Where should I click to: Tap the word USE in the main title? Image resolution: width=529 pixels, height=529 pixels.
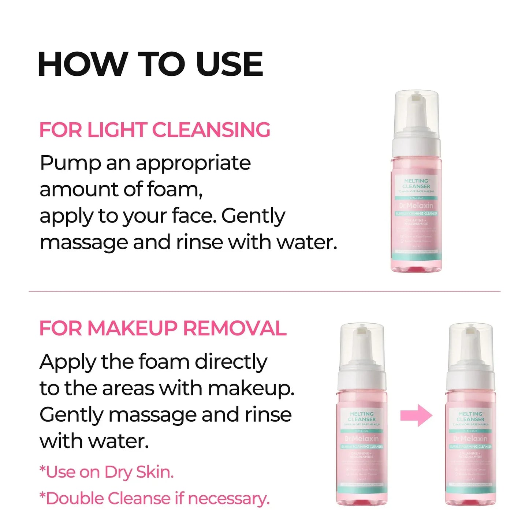point(230,64)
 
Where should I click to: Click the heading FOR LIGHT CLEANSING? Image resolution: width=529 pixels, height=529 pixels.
point(154,130)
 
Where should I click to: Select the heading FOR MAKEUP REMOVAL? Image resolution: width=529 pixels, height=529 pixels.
point(163,328)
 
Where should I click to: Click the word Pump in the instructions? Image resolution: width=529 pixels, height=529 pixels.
point(70,163)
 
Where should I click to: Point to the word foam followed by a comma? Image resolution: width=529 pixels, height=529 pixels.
point(175,190)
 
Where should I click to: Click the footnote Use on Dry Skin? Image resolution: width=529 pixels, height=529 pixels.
point(107,472)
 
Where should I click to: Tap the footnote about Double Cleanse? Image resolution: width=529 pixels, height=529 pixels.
point(154,499)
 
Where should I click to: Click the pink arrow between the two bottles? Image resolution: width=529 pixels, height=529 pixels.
point(416,416)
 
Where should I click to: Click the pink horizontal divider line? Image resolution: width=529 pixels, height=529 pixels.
point(264,291)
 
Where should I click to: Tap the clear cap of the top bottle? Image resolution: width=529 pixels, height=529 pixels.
point(416,110)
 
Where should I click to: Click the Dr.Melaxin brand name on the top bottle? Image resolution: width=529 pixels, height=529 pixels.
point(416,206)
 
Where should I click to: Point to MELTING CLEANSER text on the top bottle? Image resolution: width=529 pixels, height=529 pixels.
point(416,183)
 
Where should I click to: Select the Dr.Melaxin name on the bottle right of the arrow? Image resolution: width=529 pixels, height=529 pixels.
point(470,439)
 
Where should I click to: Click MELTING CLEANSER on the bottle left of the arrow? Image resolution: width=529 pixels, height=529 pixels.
point(362,417)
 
